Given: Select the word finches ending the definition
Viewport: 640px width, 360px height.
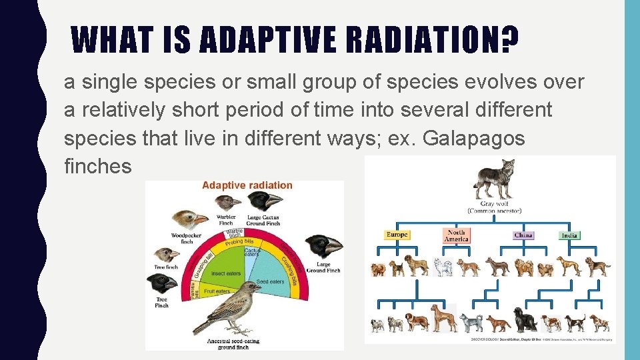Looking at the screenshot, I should pos(98,167).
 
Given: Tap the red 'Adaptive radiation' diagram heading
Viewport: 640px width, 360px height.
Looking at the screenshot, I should pos(247,185).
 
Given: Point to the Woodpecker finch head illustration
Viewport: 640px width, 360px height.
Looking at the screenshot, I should pos(189,219).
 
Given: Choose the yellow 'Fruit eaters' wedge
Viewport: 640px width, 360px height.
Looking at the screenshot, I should pos(217,291).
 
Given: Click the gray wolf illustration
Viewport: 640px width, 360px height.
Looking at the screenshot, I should pos(494,179).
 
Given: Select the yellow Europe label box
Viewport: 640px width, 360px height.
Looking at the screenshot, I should pos(397,235).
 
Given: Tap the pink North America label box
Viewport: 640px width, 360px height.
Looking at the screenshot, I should pos(457,235).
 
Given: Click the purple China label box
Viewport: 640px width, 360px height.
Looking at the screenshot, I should pos(523,235).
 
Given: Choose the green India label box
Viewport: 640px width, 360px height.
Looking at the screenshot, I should pos(569,235).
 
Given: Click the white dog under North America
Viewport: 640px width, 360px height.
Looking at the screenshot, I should pos(443,266).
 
